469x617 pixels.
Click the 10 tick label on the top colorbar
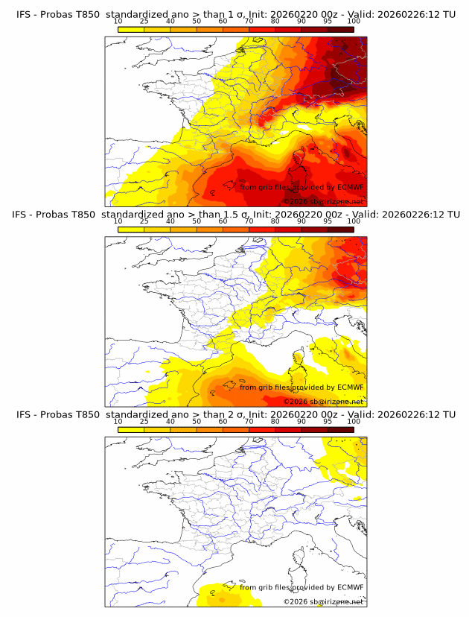tap(118, 21)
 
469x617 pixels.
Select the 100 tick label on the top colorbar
tap(354, 21)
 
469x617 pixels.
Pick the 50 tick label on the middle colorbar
tap(197, 221)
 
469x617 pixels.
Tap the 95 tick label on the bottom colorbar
tap(328, 422)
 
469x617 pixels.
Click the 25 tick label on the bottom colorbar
tap(144, 422)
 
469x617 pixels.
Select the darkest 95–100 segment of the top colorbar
tap(340, 29)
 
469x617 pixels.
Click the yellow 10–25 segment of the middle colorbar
tap(131, 230)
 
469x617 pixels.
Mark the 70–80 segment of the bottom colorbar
tap(262, 430)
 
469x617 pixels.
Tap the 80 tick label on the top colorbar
tap(275, 21)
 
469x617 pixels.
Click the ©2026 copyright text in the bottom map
tap(296, 601)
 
